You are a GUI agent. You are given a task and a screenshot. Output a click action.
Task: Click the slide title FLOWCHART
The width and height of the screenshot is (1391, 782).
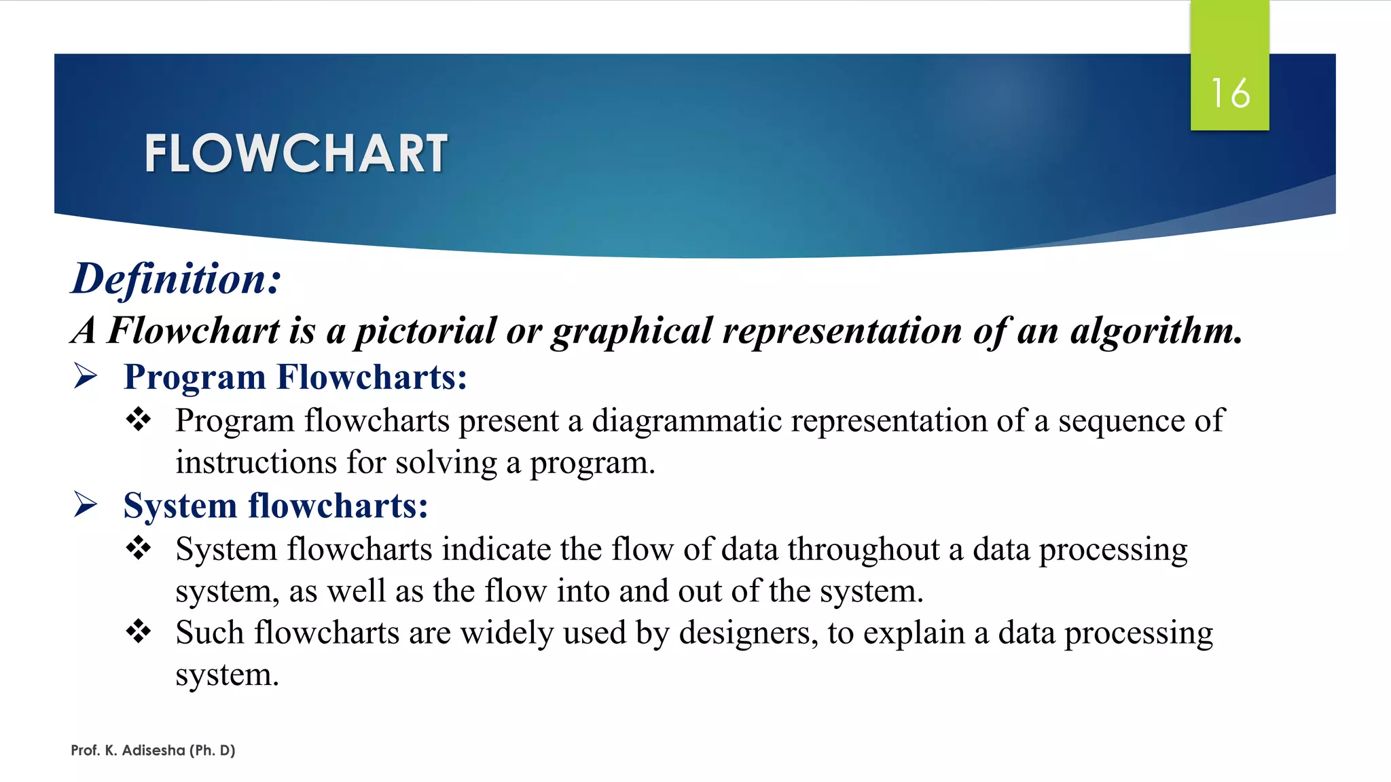[x=295, y=153]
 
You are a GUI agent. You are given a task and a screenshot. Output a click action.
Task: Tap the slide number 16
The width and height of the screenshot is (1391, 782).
[x=1230, y=93]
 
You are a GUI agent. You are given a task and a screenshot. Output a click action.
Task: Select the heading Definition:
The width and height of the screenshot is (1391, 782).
[x=176, y=279]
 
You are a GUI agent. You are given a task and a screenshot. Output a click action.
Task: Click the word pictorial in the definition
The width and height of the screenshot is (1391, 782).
[x=426, y=331]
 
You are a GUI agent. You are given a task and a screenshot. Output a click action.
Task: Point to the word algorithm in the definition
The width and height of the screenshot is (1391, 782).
[x=1156, y=331]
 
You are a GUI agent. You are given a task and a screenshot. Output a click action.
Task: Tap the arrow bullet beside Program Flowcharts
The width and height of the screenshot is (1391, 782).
[x=86, y=375]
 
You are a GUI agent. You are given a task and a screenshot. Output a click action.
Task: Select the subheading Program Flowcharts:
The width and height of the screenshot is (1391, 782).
[x=295, y=377]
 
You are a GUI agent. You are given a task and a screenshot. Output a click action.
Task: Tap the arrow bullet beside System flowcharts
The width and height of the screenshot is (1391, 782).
[x=86, y=504]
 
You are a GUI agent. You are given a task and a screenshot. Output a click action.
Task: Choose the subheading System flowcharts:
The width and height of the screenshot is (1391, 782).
[x=276, y=506]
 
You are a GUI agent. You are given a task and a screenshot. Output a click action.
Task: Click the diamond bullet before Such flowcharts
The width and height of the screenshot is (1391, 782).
[x=139, y=631]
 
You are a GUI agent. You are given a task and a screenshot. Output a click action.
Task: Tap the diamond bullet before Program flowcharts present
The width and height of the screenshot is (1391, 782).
[x=139, y=419]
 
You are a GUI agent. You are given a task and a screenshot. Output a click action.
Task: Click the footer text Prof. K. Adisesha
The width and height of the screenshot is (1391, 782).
[x=153, y=750]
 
